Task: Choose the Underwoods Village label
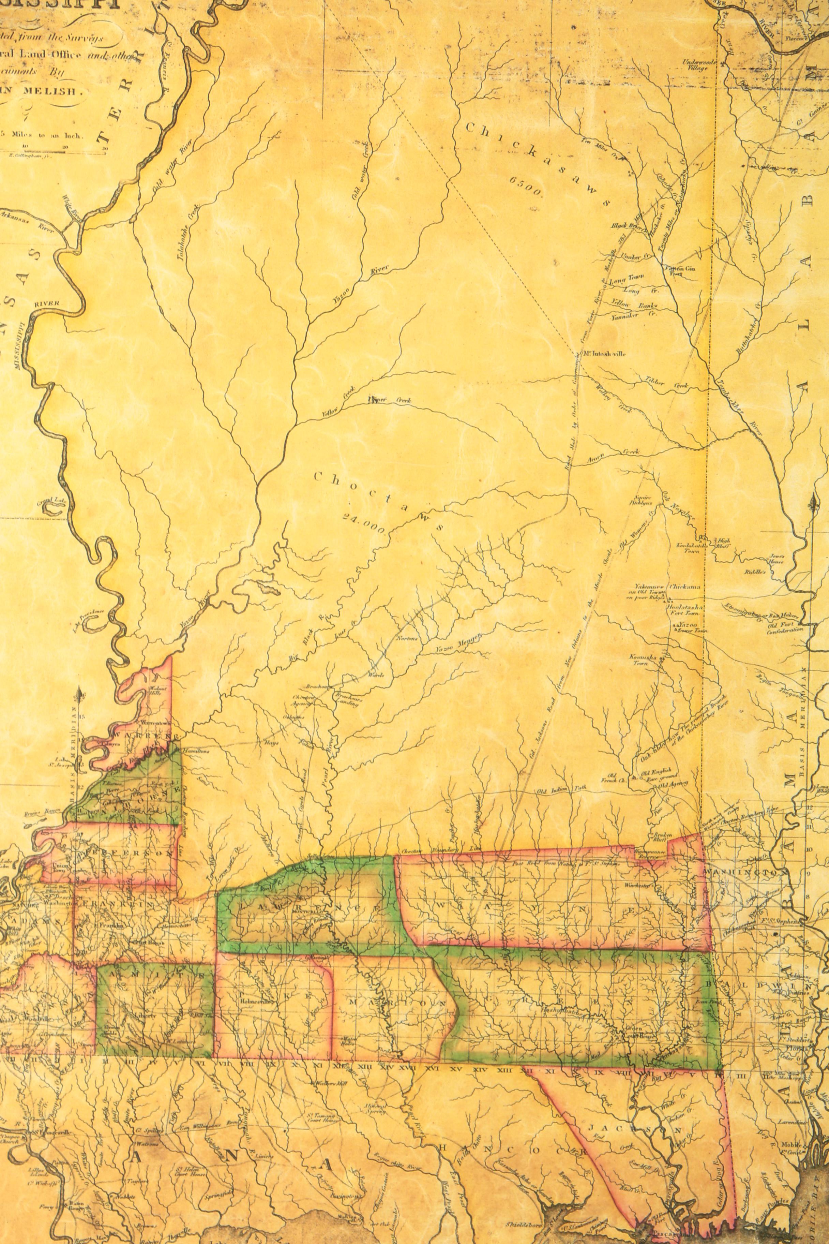[699, 65]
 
